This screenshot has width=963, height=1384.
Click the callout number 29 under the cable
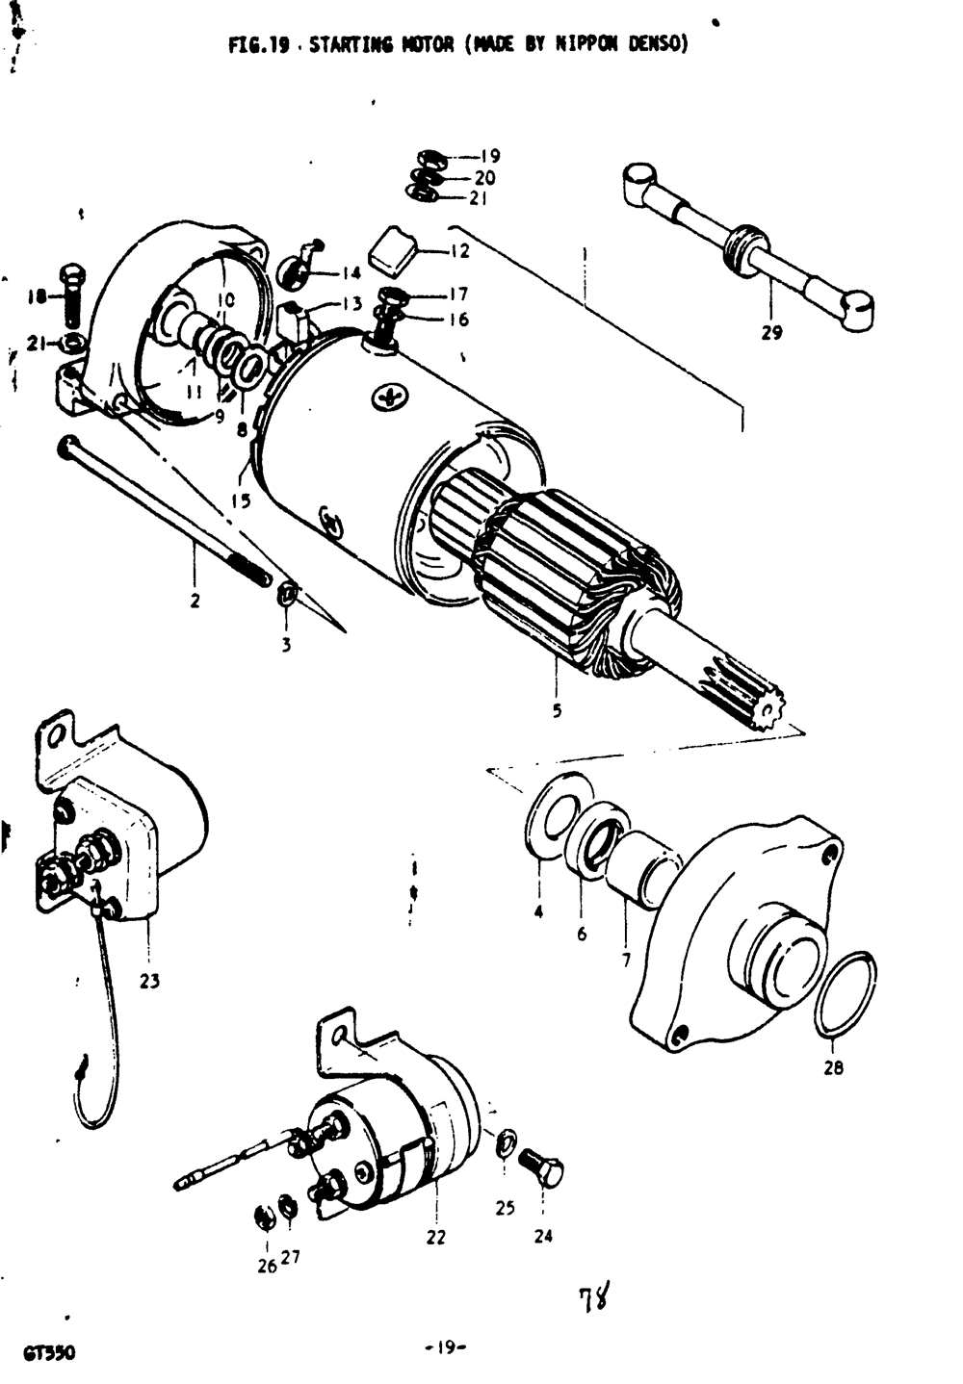click(x=771, y=333)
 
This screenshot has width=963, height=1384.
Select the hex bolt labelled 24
click(x=543, y=1168)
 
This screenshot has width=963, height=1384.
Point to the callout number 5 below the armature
click(x=557, y=712)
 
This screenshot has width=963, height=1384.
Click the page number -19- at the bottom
click(x=445, y=1349)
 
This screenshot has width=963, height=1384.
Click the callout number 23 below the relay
click(x=149, y=982)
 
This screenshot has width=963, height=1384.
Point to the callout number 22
click(x=436, y=1238)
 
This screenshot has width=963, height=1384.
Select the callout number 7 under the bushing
click(x=626, y=960)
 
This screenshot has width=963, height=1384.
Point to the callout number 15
click(x=241, y=500)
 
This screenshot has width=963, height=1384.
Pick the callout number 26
click(x=266, y=1266)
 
